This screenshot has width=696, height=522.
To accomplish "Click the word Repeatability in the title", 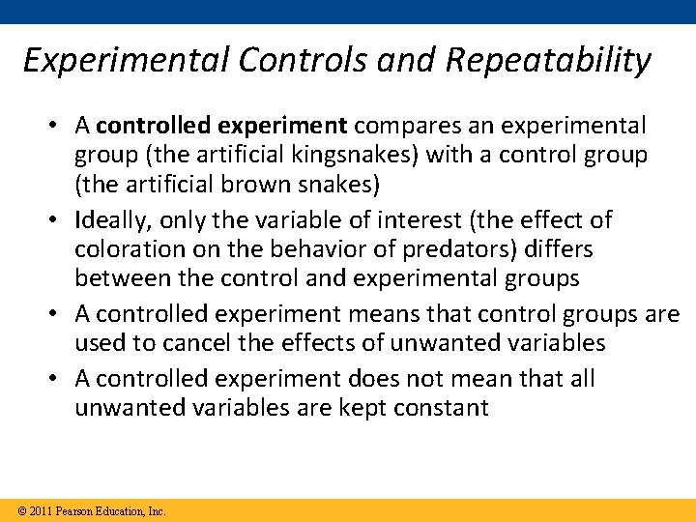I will coord(549,60).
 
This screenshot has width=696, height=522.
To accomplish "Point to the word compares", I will coord(404,126).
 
